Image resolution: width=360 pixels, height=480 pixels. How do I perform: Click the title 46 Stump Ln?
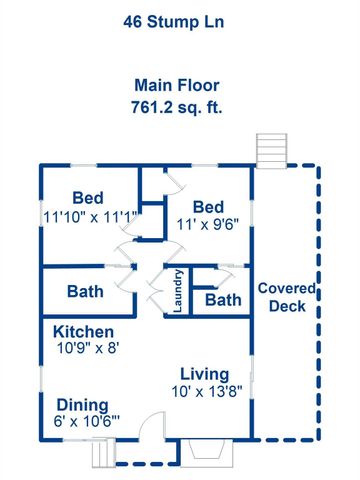click(x=180, y=18)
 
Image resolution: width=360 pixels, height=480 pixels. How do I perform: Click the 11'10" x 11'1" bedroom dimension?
click(x=90, y=215)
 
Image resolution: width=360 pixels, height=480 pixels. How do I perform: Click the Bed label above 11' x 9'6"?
click(x=208, y=206)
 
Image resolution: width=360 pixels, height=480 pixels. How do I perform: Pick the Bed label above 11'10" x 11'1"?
click(x=89, y=198)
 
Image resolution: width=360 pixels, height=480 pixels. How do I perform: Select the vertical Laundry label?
click(x=177, y=292)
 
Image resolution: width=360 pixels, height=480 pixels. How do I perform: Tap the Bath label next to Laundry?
click(x=223, y=300)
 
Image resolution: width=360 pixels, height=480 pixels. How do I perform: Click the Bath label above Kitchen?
click(x=87, y=293)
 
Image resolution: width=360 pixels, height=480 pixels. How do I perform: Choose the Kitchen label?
click(x=83, y=331)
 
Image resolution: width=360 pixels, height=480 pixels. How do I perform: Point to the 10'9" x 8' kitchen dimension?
click(x=86, y=348)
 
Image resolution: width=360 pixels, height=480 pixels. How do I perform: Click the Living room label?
click(x=205, y=373)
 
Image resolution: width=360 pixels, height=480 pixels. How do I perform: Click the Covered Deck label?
click(x=287, y=297)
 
